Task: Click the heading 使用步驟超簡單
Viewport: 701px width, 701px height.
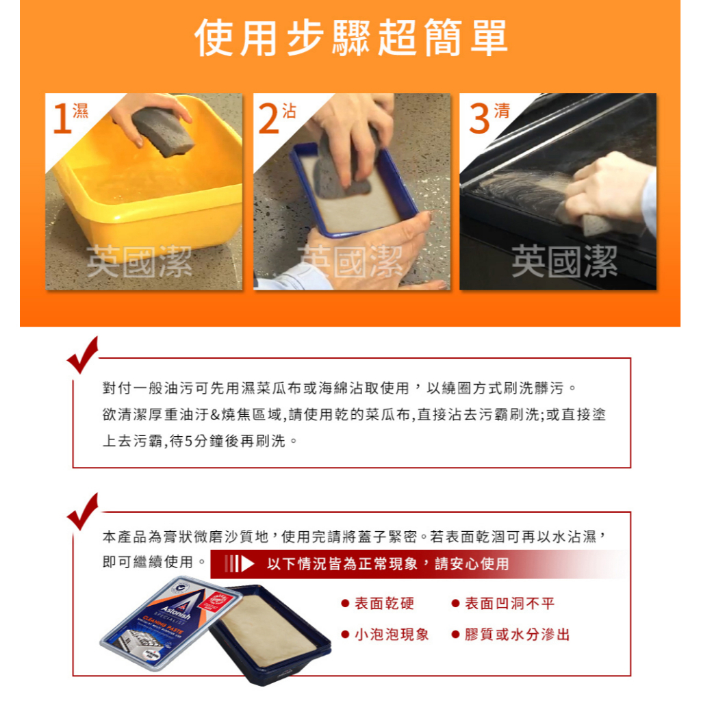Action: [x=351, y=38]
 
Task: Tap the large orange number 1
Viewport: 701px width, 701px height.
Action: [x=62, y=118]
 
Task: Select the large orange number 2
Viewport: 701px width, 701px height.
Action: [x=268, y=118]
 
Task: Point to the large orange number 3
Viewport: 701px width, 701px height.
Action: [x=479, y=118]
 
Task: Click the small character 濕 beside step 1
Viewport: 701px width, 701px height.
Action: [x=81, y=110]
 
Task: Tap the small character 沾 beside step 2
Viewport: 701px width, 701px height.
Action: [x=289, y=111]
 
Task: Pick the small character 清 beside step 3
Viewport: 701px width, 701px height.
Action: [x=502, y=111]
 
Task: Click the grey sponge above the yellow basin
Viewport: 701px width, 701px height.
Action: [x=163, y=131]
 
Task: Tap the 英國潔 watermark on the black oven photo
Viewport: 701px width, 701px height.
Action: [x=564, y=261]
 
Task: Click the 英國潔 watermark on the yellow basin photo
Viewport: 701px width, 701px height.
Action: [x=139, y=262]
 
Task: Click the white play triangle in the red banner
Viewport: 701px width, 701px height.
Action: [x=247, y=564]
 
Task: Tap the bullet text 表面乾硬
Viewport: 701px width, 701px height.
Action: [x=384, y=604]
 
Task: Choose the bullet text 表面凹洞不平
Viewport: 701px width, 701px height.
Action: [x=509, y=604]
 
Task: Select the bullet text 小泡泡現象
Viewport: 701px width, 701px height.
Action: [x=392, y=635]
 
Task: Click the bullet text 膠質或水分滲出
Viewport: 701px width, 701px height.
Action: [x=518, y=635]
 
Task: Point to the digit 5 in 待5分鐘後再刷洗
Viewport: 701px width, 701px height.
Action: [x=188, y=442]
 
